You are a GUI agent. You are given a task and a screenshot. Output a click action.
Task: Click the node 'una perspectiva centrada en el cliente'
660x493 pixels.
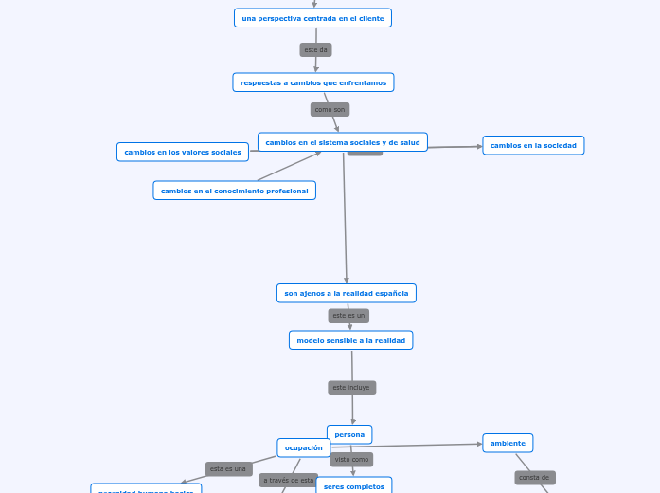[x=312, y=18]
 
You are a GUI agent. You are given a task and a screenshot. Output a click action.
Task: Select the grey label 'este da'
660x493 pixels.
[x=315, y=49]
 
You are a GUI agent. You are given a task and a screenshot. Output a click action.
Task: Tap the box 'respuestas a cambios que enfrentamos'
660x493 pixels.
[x=313, y=82]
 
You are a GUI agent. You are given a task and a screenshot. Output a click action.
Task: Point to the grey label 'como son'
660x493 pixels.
[x=330, y=109]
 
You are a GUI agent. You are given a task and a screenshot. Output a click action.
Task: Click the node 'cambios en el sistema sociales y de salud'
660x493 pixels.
[x=343, y=142]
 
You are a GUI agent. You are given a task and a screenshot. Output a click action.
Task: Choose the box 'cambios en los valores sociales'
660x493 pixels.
[x=183, y=152]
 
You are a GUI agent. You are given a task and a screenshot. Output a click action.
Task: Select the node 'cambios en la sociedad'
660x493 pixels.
[x=533, y=145]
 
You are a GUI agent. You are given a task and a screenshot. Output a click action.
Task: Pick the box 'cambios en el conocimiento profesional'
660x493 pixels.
[x=234, y=191]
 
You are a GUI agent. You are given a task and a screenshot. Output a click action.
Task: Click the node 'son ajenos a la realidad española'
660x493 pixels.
[x=347, y=293]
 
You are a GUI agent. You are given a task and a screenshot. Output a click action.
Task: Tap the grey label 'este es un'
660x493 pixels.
[x=348, y=316]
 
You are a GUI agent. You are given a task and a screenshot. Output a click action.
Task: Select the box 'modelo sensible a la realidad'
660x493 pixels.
[x=350, y=340]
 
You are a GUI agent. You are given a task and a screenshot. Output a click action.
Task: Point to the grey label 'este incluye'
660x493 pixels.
[x=351, y=388]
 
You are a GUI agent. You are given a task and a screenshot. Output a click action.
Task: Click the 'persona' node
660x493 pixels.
[x=349, y=434]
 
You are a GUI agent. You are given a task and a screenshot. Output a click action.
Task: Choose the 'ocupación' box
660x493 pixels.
[x=304, y=447]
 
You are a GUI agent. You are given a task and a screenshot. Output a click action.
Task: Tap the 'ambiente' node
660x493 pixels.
[x=508, y=443]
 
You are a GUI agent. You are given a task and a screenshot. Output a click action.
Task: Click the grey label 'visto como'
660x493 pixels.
[x=351, y=459]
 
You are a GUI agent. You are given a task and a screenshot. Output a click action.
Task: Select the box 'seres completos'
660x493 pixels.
[x=354, y=486]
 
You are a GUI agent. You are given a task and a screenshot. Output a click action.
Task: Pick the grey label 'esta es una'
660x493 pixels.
[x=228, y=468]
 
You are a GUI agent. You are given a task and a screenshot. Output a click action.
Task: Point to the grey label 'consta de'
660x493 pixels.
[x=534, y=478]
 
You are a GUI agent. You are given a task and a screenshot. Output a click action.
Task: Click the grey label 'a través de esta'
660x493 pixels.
[x=288, y=480]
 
